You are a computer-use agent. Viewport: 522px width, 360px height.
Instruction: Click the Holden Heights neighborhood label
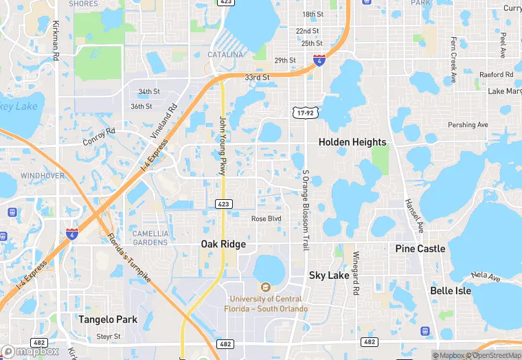(x=352, y=142)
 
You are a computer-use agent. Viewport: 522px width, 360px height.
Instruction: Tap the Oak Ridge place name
(x=223, y=244)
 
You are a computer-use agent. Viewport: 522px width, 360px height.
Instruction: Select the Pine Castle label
(x=420, y=248)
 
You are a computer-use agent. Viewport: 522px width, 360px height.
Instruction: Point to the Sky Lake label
(x=329, y=275)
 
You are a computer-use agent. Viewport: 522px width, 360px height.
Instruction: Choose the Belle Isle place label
(x=451, y=291)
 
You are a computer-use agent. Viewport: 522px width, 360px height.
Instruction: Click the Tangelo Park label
(x=108, y=319)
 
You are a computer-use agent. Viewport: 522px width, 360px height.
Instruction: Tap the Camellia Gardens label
(x=150, y=238)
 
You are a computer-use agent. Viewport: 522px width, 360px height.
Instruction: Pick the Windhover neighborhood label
(x=43, y=176)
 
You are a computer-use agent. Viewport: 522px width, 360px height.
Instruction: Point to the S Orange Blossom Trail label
(x=306, y=210)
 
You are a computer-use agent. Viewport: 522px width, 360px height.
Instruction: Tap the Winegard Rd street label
(x=356, y=273)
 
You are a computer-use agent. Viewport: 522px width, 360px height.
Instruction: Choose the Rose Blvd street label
(x=266, y=219)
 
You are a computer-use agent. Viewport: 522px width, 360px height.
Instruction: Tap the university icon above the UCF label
(x=264, y=287)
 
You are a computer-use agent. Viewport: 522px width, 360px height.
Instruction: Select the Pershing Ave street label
(x=468, y=125)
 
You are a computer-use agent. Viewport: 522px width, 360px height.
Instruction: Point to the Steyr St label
(x=109, y=337)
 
